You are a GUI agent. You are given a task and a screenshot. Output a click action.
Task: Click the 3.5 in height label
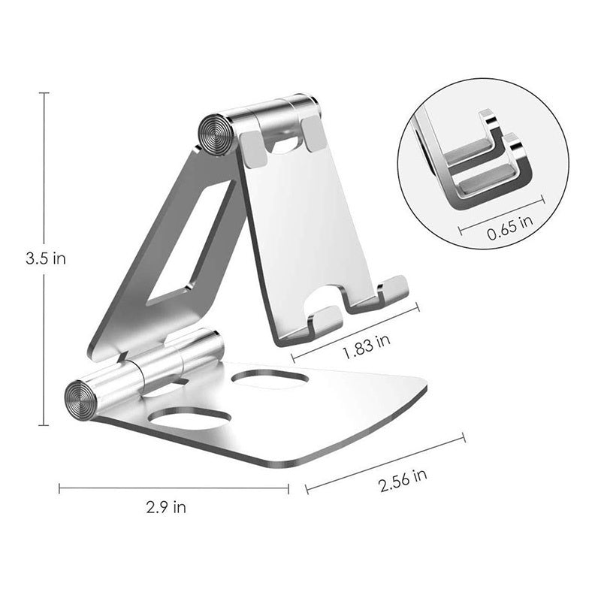point(46,258)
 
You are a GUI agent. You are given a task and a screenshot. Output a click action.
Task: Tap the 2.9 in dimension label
point(166,507)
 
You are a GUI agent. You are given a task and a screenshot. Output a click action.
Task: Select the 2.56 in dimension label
point(403,480)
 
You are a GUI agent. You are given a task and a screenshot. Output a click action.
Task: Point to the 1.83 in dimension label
point(367,346)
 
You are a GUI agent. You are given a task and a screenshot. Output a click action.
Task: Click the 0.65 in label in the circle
point(510,228)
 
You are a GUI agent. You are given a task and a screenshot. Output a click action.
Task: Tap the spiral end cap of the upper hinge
point(216,135)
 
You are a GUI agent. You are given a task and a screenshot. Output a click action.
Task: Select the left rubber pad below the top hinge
point(253,149)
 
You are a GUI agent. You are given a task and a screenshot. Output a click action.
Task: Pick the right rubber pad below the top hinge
point(314,134)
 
